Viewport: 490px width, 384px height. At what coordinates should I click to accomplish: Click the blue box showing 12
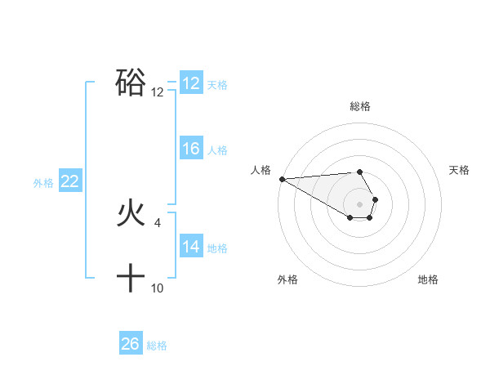point(191,83)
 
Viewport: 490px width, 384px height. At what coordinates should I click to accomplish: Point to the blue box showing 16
point(191,149)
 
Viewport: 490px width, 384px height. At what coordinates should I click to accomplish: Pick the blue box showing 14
point(191,247)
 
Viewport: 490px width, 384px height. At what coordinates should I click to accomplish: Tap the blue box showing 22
point(69,181)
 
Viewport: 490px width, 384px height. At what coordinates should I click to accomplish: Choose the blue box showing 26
point(131,344)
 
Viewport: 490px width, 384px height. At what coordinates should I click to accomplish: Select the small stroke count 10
point(158,288)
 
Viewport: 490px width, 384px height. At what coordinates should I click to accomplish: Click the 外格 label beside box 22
point(43,183)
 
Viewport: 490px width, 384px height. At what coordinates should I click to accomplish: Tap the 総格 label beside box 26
point(157,346)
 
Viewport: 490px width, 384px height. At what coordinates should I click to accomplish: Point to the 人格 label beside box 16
point(217,150)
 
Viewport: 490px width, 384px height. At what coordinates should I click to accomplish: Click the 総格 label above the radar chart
point(360,106)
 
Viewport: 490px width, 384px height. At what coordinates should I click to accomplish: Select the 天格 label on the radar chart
point(460,170)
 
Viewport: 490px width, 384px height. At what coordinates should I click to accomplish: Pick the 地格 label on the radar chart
point(428,279)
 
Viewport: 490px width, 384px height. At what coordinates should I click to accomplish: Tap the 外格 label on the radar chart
point(287,279)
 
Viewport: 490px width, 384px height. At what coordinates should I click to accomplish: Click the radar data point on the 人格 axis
point(282,178)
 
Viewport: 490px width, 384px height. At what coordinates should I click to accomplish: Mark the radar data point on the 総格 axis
point(359,172)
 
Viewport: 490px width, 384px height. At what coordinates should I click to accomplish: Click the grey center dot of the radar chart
point(359,203)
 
